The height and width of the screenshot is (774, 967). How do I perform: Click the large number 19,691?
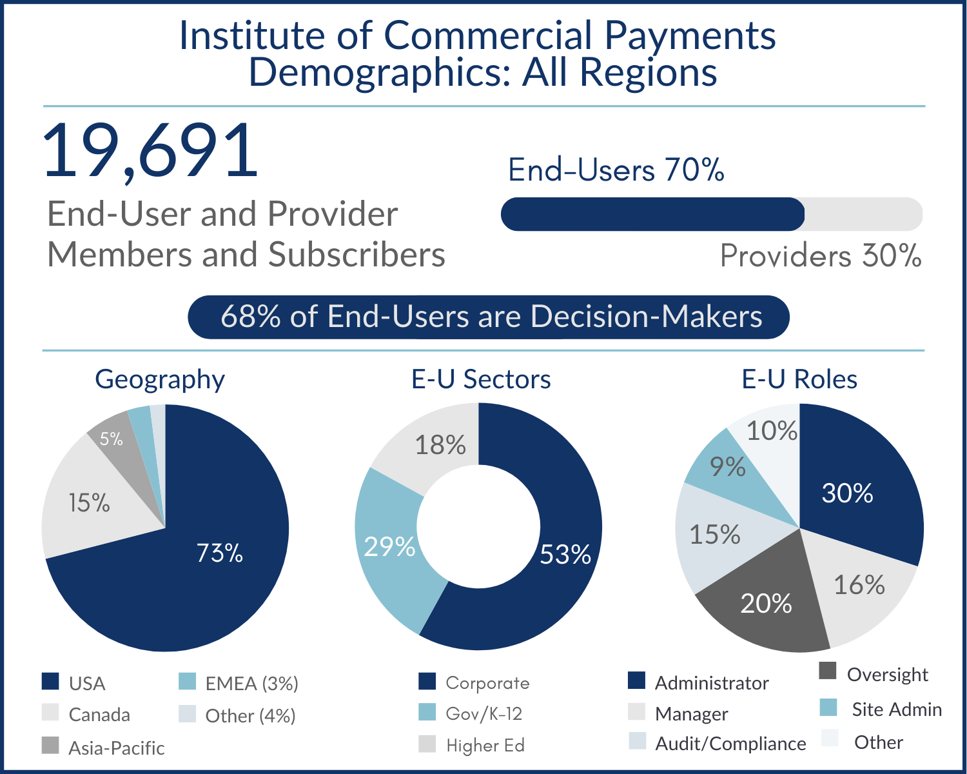coord(151,151)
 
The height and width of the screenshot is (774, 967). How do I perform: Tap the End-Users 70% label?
coord(616,170)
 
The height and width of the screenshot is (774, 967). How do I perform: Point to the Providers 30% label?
coord(820,256)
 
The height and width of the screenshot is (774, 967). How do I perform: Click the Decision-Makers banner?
coord(489,317)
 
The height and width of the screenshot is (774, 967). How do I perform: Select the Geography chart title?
coord(160,379)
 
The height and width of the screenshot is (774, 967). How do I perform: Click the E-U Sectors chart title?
coord(481,379)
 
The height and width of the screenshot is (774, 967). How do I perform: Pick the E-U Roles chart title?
coord(799,379)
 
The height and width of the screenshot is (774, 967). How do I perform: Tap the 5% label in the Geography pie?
coord(112,439)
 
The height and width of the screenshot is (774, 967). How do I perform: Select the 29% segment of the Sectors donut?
coord(389,547)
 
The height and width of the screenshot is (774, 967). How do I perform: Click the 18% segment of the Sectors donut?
coord(440,445)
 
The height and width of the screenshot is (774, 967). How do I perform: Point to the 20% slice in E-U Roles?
coord(766,604)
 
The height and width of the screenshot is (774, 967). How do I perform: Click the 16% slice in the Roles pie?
coord(859,585)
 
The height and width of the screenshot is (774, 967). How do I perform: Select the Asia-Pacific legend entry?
coord(116,748)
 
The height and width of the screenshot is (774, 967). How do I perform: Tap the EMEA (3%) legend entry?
coord(251,683)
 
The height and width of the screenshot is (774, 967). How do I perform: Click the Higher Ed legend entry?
coord(485,745)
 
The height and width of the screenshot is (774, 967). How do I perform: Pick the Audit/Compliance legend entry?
coord(730,744)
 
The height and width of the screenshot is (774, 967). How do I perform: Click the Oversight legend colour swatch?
coord(828,671)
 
